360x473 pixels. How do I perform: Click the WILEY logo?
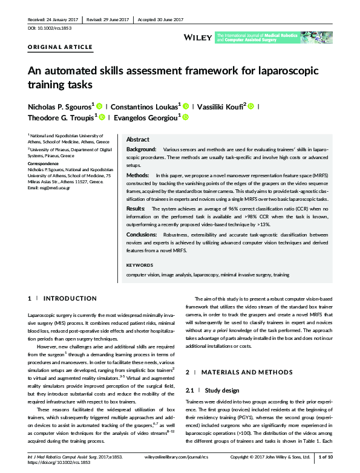(197, 38)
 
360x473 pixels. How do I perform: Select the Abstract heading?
(138, 139)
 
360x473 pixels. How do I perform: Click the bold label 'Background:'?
(141, 149)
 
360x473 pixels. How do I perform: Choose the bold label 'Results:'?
(136, 208)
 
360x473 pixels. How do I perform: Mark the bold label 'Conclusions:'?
(143, 234)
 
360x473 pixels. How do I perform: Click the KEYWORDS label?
(139, 265)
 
